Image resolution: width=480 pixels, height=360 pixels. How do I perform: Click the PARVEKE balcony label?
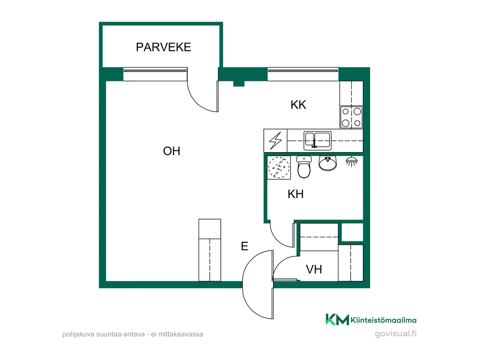coord(164,47)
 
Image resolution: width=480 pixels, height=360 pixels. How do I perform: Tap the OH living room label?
coord(172,151)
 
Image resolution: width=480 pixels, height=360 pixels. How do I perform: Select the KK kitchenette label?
coord(298,105)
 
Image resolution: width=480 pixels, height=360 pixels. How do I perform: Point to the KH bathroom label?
coord(295,194)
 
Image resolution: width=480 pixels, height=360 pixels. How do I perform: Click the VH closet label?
coord(314,269)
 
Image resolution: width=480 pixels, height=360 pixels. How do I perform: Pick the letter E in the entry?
coord(244,246)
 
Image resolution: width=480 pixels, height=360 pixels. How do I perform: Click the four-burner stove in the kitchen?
coord(351,117)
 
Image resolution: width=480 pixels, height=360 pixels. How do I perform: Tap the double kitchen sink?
coord(317,140)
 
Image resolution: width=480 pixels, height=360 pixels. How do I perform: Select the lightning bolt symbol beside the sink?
coord(275,141)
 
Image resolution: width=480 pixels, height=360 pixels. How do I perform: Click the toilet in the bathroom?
coord(304,167)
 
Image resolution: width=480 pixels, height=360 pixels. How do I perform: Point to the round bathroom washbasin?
coord(327,163)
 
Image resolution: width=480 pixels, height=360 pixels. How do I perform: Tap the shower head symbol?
coord(351,161)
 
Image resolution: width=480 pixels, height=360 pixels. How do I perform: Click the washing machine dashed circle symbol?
coord(279,167)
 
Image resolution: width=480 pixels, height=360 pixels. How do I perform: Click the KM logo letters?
coord(337,320)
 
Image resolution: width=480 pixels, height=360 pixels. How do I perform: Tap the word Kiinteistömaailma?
coord(383,320)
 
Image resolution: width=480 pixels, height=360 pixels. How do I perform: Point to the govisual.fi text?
coord(396,333)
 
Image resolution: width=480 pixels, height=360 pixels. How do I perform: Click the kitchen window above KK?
coord(303,74)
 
